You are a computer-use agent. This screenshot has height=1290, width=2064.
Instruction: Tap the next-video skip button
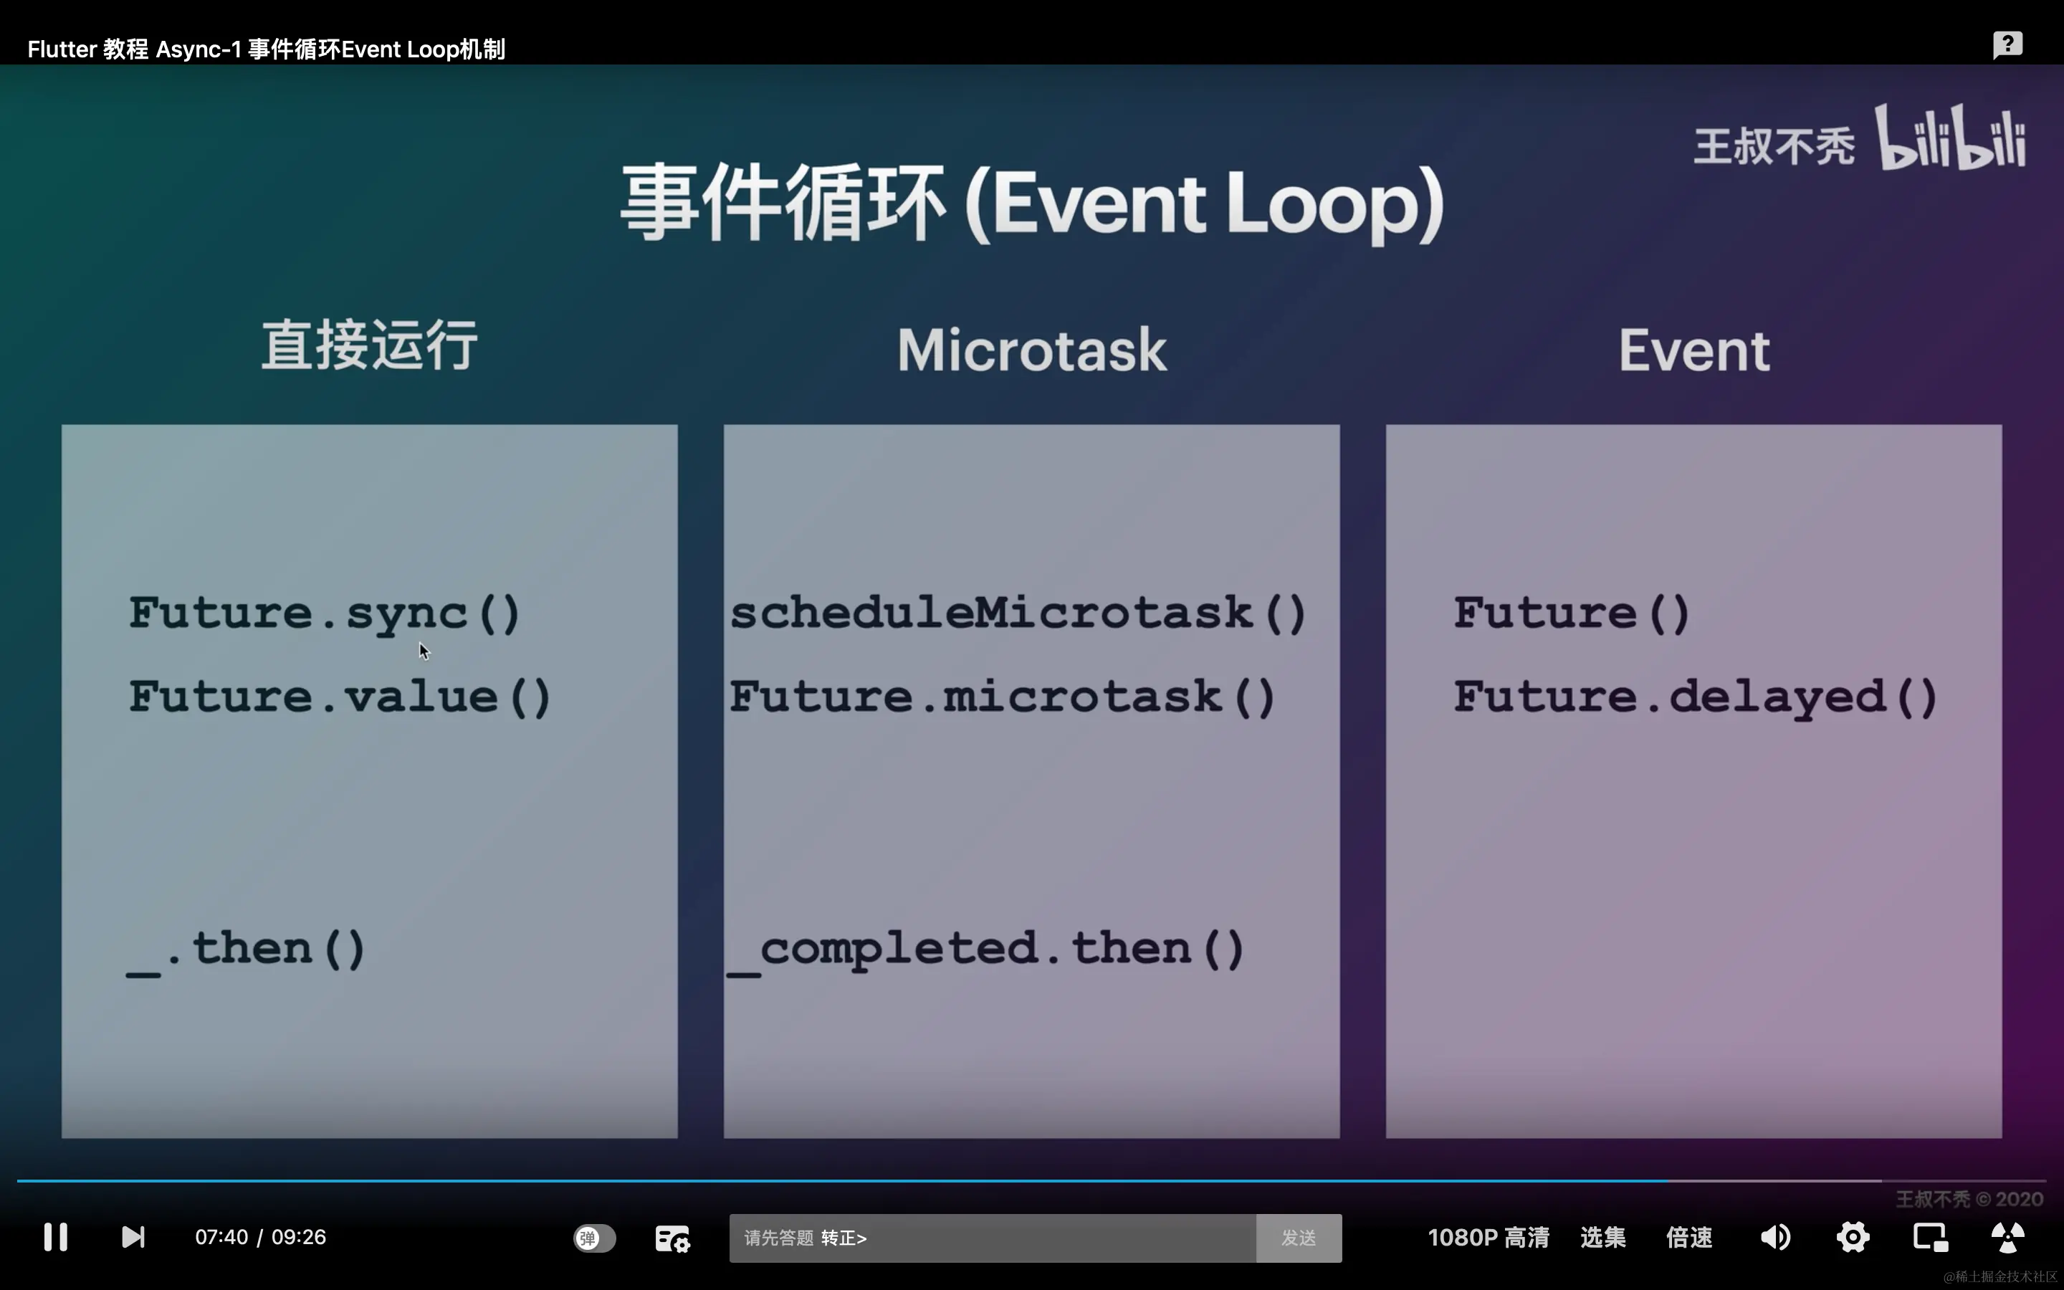point(133,1237)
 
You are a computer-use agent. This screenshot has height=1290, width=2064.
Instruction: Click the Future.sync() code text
point(324,613)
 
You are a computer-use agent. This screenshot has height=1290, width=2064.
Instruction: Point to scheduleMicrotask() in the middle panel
point(1018,613)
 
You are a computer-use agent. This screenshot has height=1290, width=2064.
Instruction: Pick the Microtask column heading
point(1032,350)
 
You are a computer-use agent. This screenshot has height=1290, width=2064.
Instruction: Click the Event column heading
point(1694,350)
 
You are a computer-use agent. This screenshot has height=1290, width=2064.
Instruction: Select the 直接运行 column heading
point(369,345)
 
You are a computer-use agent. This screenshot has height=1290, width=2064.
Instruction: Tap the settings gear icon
point(1853,1237)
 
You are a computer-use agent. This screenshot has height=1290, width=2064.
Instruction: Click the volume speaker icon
point(1776,1237)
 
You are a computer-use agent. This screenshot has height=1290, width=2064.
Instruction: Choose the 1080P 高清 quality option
point(1489,1237)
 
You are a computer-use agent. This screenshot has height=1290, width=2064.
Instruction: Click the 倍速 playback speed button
point(1688,1237)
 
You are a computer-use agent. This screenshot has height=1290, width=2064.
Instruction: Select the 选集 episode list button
point(1602,1237)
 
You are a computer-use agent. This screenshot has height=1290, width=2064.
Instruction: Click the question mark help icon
point(2007,44)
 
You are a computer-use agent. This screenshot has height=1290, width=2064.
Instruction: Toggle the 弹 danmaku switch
point(594,1238)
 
